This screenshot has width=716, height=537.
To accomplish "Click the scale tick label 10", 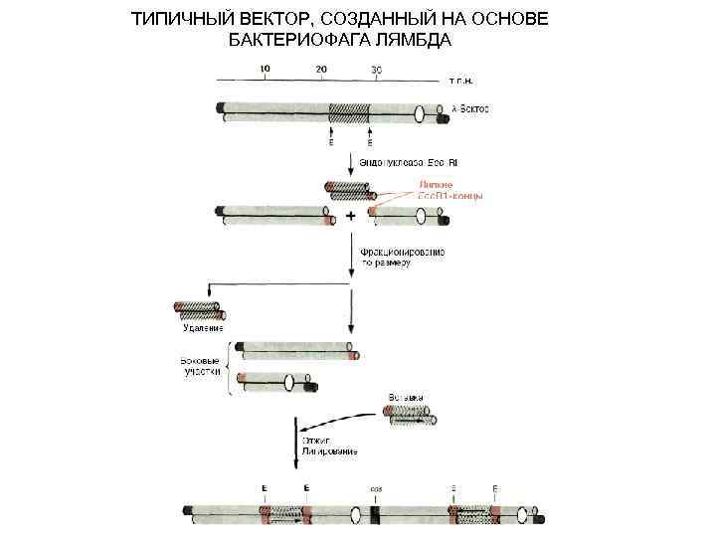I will point(265,68).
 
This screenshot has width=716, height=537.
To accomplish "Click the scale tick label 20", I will point(320,68).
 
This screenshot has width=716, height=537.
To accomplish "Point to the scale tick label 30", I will point(376,68).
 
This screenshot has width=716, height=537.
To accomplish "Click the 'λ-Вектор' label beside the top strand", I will point(462,106).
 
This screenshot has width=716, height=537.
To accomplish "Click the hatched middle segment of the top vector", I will point(349,111).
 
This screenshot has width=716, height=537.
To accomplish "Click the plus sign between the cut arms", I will point(350,215).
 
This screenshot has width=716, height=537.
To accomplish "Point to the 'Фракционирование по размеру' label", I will point(402,258).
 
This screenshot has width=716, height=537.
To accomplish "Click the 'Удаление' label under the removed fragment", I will point(202,327).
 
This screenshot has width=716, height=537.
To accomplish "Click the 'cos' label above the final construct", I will point(376,489).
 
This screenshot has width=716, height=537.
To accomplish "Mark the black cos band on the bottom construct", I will point(375,514).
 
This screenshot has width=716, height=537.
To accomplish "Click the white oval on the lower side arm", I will point(289,382).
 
